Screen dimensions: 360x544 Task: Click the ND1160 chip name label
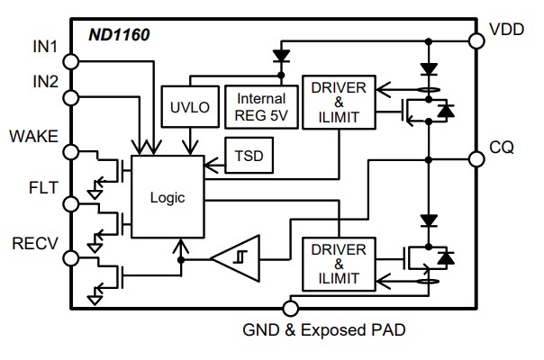point(118,37)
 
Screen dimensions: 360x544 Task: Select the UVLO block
point(188,106)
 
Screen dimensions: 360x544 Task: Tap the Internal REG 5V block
point(260,106)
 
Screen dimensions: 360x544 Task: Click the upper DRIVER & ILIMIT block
point(338,102)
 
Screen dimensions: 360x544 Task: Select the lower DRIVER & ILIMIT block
point(338,262)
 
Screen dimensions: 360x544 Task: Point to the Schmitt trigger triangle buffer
point(235,259)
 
